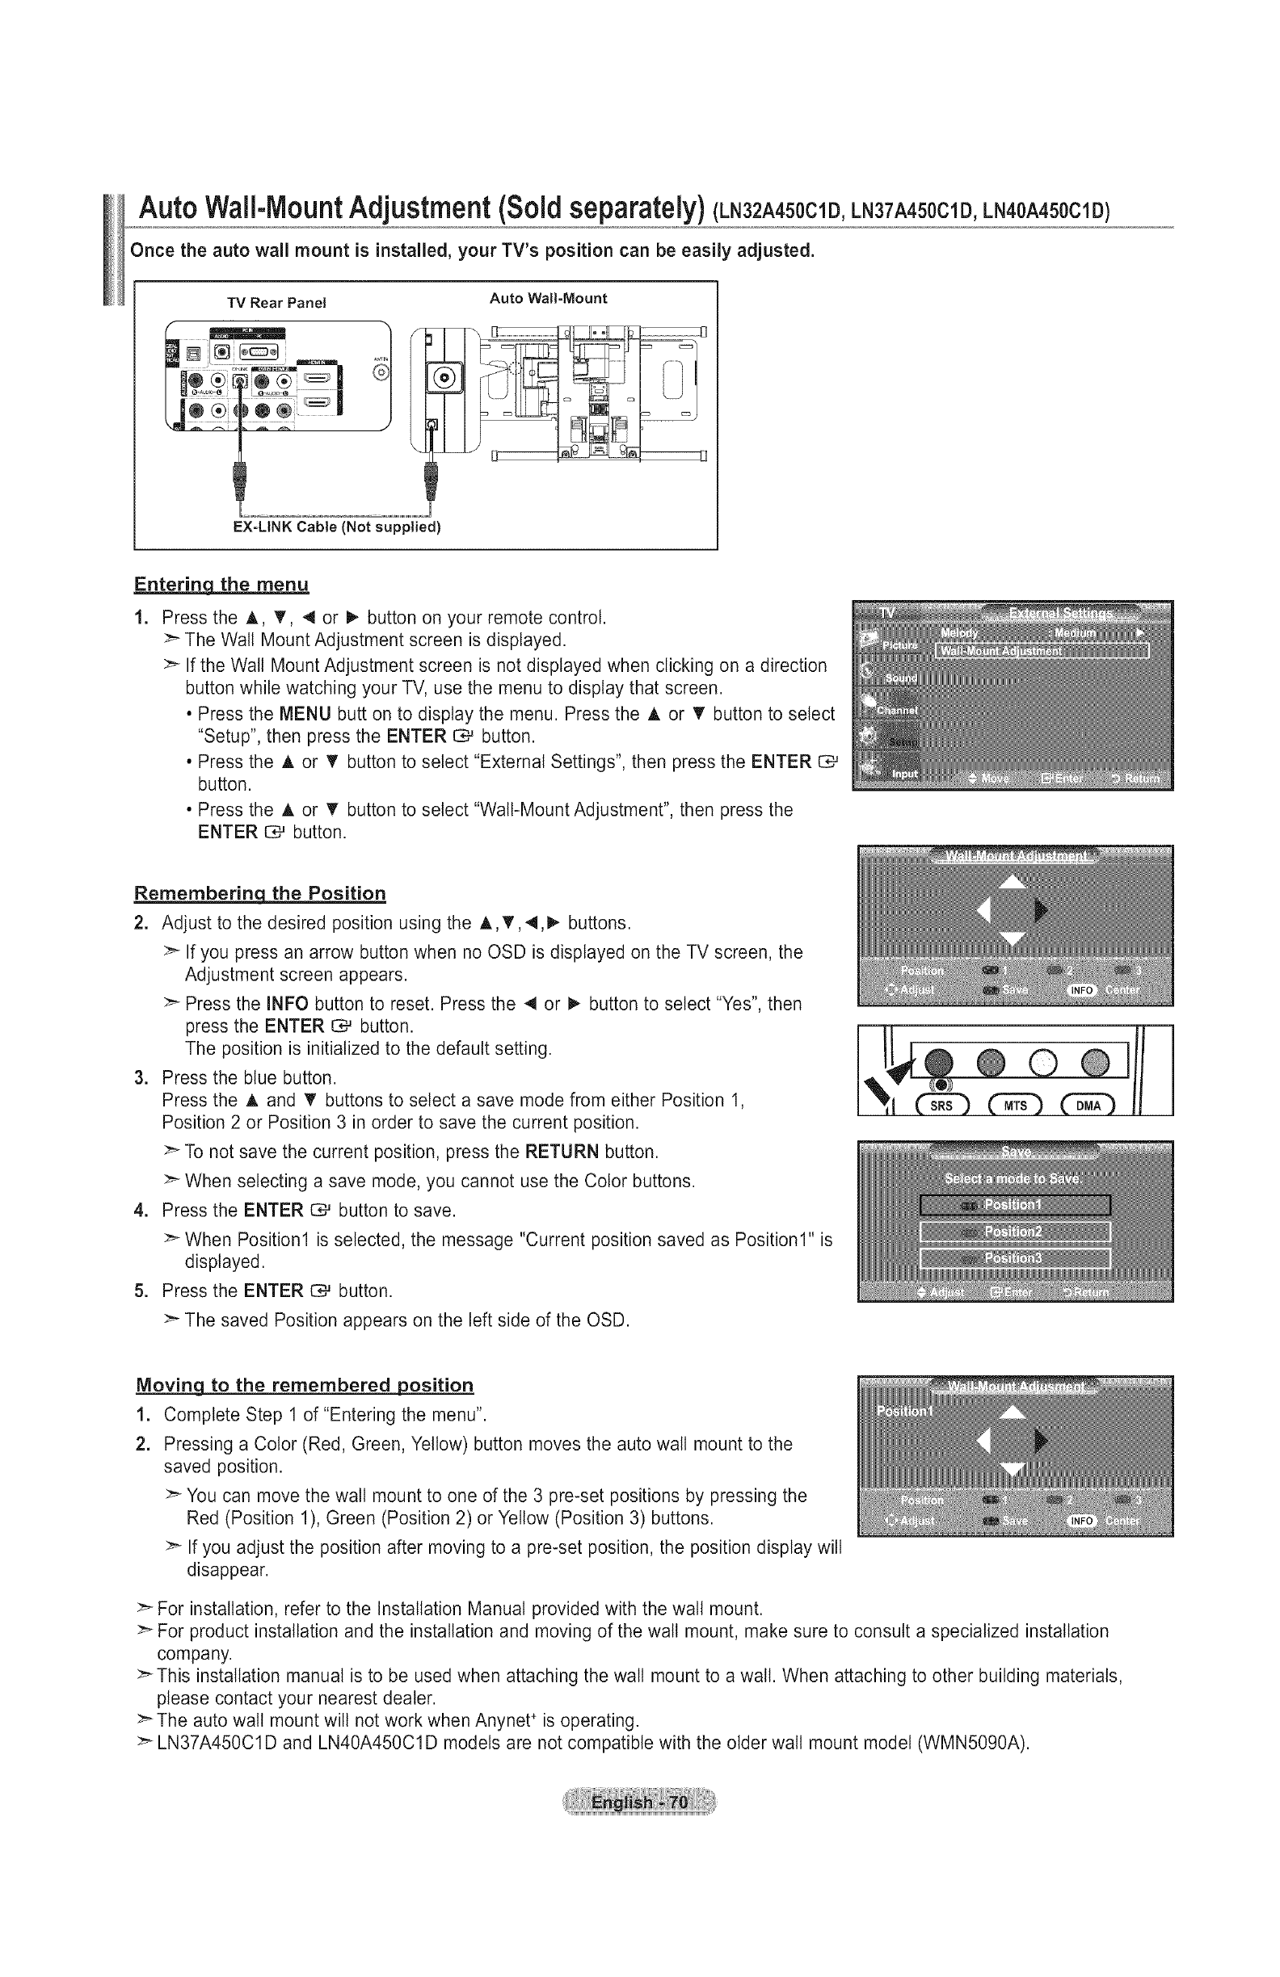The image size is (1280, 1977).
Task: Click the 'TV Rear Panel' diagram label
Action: point(277,303)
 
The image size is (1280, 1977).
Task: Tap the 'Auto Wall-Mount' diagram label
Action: point(548,298)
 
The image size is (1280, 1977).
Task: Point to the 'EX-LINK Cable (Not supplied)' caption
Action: point(336,527)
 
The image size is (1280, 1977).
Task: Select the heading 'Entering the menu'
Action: point(221,584)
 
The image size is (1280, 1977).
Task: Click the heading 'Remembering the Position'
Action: point(260,894)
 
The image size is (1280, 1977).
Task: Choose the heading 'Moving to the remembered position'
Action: point(304,1386)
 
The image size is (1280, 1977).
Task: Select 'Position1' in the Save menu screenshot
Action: point(1014,1205)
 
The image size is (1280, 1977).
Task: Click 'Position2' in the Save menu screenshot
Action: point(1014,1232)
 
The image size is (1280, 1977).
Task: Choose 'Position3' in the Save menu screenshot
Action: point(1014,1257)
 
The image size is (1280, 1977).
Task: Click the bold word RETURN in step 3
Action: point(562,1152)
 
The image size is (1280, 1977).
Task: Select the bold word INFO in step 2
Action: point(288,1005)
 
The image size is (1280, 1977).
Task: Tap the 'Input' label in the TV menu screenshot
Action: point(905,774)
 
